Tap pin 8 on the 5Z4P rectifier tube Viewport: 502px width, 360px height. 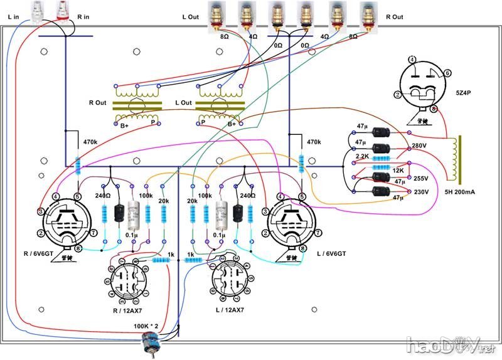pos(434,110)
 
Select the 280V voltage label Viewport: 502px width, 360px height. pos(419,147)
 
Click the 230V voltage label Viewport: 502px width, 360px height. pos(419,192)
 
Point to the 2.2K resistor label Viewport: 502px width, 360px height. pos(363,156)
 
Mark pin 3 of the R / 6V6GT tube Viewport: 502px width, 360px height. pos(40,211)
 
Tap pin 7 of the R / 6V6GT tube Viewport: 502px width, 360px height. pos(92,233)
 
